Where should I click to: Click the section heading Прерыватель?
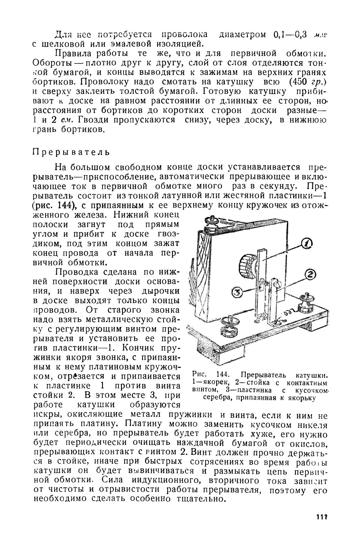pyautogui.click(x=71, y=152)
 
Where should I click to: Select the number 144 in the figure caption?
pyautogui.click(x=223, y=375)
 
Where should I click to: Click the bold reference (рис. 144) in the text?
pyautogui.click(x=56, y=205)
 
